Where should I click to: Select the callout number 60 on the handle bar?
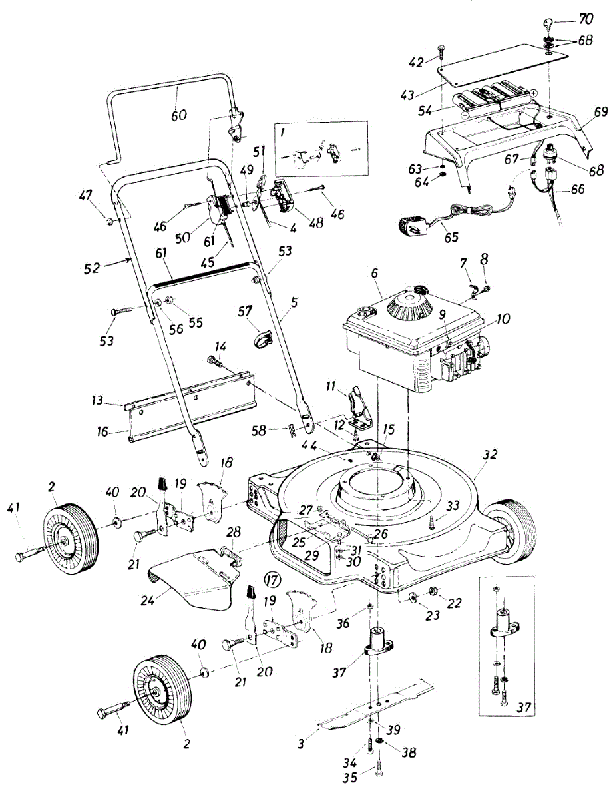click(x=178, y=115)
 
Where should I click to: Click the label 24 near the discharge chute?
click(x=147, y=599)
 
